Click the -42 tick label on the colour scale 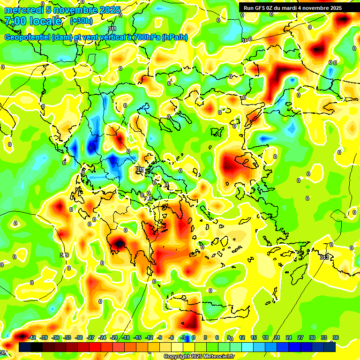tap(32, 337)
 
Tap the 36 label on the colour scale tap(336, 337)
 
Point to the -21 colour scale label tap(114, 337)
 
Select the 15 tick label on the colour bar tap(254, 337)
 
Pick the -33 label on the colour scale tap(67, 337)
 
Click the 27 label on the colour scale tap(300, 337)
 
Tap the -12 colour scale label tap(149, 337)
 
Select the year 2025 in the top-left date tap(110, 10)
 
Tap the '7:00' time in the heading tap(15, 21)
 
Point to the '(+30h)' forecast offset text tap(82, 21)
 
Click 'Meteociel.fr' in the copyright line tap(218, 357)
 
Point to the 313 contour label tap(324, 257)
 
